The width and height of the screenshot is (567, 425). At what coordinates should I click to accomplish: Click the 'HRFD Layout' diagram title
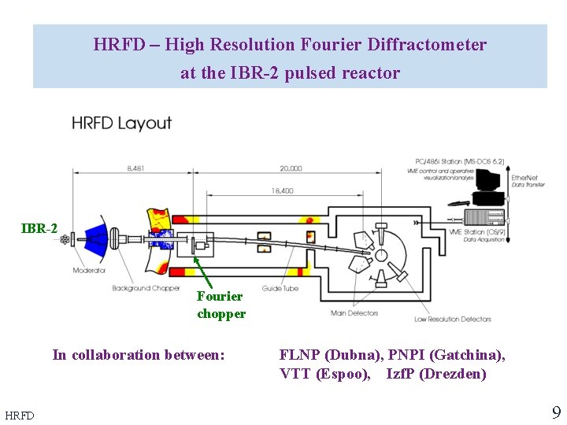coord(121,123)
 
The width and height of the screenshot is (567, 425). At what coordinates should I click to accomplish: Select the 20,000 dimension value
coord(290,168)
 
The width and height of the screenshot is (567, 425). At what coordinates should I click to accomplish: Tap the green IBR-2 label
coord(39,228)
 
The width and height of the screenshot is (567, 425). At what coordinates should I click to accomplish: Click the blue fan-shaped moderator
coord(96,237)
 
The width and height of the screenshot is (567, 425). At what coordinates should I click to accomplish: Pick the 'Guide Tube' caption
coord(279,289)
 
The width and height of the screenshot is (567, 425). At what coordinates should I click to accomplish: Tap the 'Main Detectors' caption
coord(354,313)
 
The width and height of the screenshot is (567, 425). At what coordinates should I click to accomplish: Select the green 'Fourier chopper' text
coord(220,305)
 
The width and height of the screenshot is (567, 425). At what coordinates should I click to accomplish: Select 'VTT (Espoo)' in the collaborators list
coord(324,374)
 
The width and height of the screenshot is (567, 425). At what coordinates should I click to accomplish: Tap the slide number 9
coord(556,412)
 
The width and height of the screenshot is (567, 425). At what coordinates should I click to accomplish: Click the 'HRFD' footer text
coord(20,415)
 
